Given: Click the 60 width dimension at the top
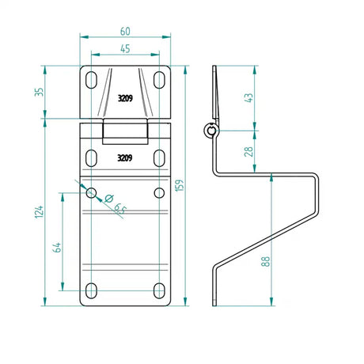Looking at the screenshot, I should (127, 31).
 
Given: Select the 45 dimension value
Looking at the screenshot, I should (127, 48).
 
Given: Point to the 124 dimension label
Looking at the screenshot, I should (38, 211).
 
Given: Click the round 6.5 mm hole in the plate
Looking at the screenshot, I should (92, 192).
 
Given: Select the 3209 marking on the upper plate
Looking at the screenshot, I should (124, 100).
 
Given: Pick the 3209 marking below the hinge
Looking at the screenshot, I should (124, 157).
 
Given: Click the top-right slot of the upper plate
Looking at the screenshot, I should (160, 78).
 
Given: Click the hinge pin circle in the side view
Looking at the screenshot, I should (210, 131).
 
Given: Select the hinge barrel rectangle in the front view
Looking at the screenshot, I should (126, 131).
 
